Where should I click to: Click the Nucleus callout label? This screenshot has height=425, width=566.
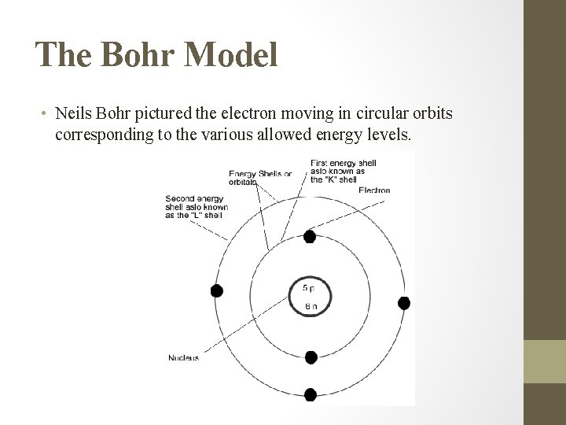pyautogui.click(x=183, y=358)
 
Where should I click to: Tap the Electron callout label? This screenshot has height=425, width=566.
pyautogui.click(x=373, y=190)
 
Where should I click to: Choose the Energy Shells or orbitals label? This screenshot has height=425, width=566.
pyautogui.click(x=260, y=178)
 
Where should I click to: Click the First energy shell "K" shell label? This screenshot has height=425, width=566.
pyautogui.click(x=343, y=169)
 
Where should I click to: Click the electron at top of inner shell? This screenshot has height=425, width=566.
pyautogui.click(x=310, y=236)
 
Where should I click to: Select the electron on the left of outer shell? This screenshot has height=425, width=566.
pyautogui.click(x=217, y=290)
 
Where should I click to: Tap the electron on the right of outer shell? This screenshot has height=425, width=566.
pyautogui.click(x=404, y=303)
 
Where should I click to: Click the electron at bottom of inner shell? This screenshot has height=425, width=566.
pyautogui.click(x=311, y=357)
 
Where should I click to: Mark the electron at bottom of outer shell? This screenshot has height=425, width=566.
pyautogui.click(x=311, y=394)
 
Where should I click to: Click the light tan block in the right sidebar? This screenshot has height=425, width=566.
pyautogui.click(x=546, y=361)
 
